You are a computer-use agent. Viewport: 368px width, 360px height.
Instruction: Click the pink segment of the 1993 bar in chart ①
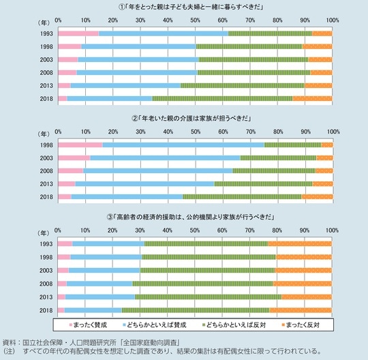(x=78, y=33)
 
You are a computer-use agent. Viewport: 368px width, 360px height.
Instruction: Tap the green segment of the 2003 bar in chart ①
(x=253, y=59)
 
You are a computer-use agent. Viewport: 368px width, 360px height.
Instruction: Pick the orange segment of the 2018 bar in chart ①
(x=312, y=98)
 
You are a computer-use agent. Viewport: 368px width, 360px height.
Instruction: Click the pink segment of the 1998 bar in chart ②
(x=80, y=145)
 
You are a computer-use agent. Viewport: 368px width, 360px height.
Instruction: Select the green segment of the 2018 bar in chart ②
(x=242, y=197)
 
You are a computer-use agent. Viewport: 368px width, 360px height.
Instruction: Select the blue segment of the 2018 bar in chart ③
(x=93, y=310)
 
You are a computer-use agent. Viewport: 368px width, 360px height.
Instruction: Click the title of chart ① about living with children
(x=195, y=7)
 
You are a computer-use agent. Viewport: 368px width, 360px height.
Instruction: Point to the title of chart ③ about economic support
(x=195, y=217)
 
